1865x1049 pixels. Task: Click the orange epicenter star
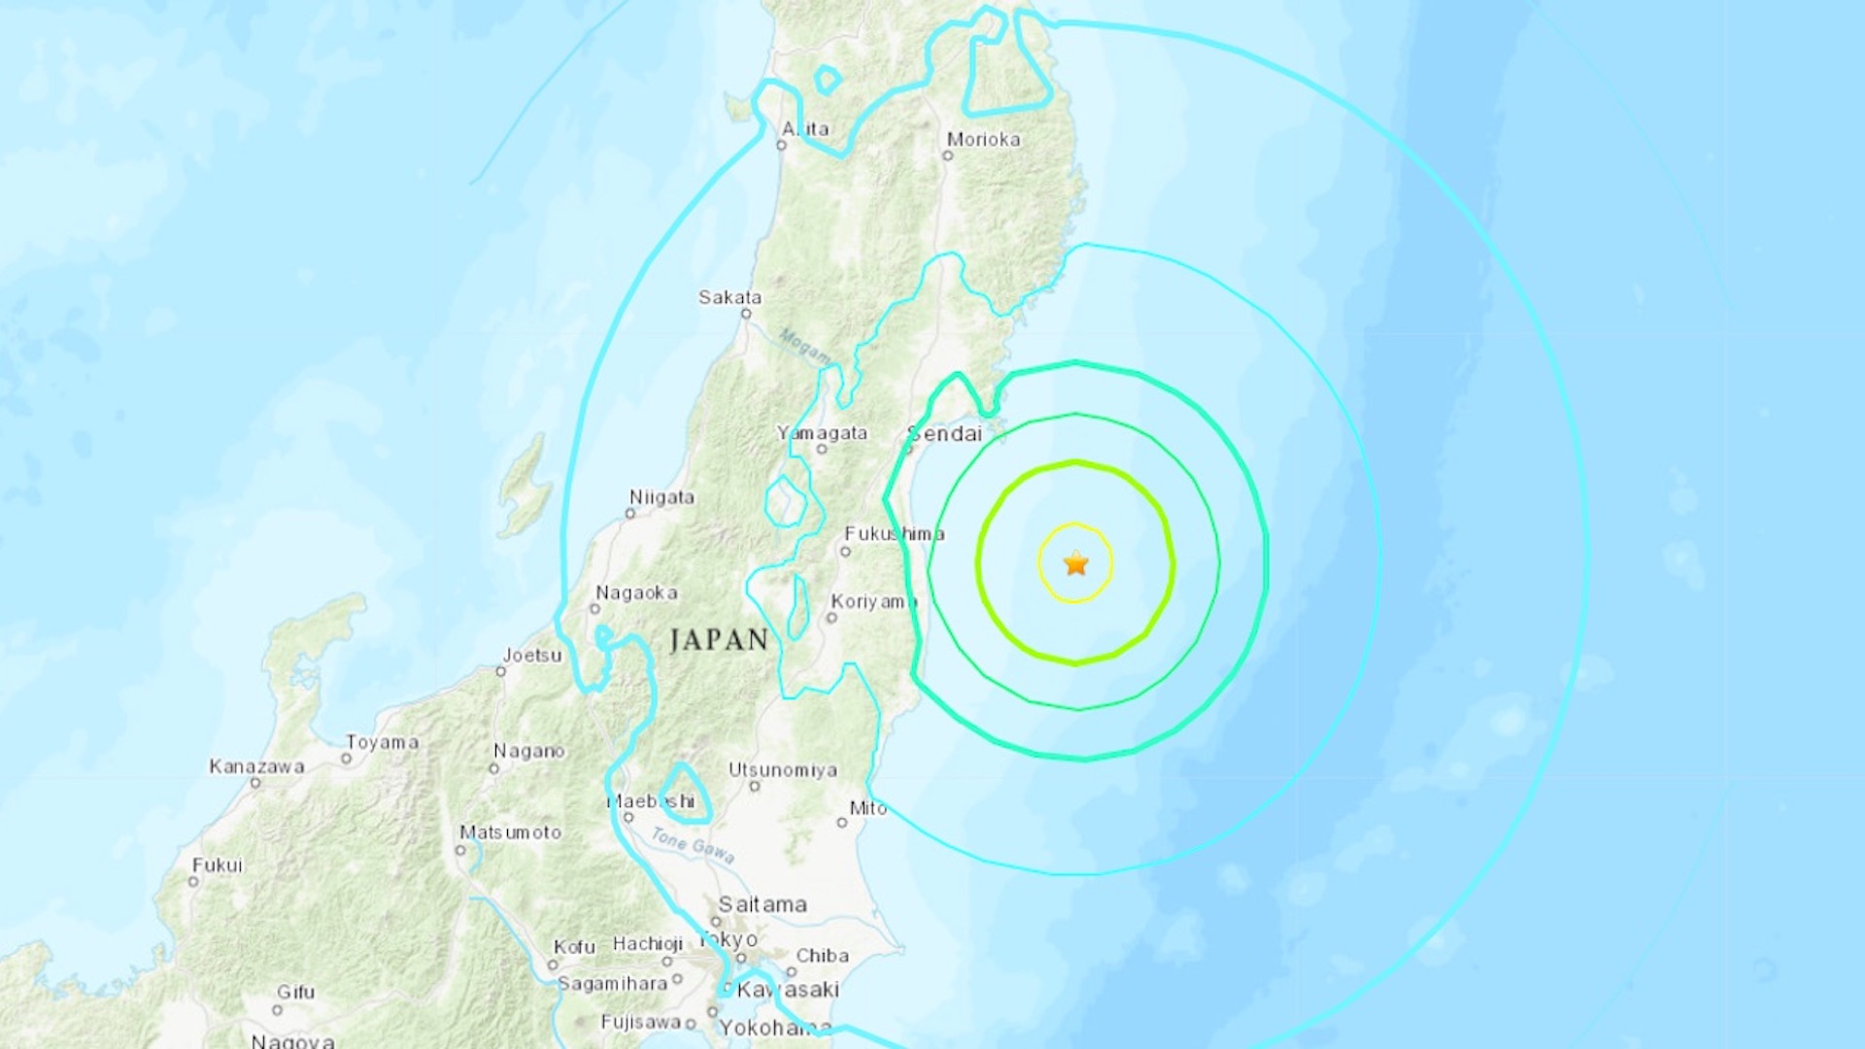[x=1075, y=563]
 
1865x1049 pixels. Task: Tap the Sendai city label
[x=946, y=434]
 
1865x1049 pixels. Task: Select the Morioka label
[x=983, y=140]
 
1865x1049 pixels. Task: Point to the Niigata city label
[x=661, y=497]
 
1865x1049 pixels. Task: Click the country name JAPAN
[x=719, y=640]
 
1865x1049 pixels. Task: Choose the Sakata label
[x=729, y=297]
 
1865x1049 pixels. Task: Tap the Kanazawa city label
[x=256, y=766]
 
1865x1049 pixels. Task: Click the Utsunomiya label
[x=783, y=770]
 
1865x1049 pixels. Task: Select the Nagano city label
[x=528, y=751]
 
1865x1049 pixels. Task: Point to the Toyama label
[x=383, y=742]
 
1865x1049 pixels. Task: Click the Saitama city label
[x=763, y=905]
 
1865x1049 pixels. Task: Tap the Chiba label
[x=822, y=956]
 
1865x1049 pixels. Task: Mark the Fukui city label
[x=217, y=865]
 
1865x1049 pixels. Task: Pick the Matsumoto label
[x=510, y=832]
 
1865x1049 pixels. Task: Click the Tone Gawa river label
[x=693, y=845]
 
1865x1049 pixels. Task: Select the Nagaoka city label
[x=636, y=592]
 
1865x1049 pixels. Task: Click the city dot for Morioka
[x=948, y=155]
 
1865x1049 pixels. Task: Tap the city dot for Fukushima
[x=845, y=552]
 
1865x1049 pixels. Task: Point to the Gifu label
[x=295, y=992]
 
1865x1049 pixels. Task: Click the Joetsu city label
[x=531, y=656]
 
